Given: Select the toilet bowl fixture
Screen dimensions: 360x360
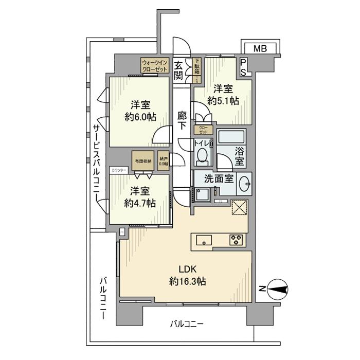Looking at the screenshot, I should coord(204,156).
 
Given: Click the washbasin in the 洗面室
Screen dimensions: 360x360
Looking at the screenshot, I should coord(245,182).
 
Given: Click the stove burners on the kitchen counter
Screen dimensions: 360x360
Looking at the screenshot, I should coord(237,240).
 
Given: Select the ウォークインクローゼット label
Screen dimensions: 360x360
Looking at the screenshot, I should coord(154,65).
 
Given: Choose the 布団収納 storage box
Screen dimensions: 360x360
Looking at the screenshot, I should coord(142,159).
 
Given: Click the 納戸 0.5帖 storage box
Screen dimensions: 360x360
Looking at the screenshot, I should coord(163,159).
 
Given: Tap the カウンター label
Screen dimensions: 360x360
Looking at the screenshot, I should coord(118,169).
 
